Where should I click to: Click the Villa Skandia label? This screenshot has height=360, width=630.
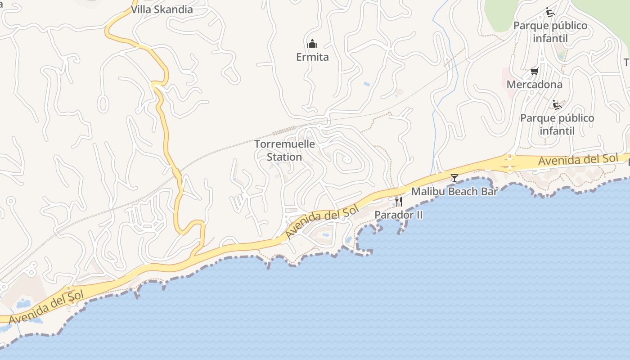[162, 9]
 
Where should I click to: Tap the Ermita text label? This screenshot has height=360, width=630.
[312, 57]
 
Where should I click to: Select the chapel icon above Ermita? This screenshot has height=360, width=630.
[312, 44]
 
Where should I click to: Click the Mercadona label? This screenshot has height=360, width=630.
[534, 85]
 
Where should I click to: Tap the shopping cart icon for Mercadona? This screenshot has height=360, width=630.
[534, 71]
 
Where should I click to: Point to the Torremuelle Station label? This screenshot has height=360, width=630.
[284, 150]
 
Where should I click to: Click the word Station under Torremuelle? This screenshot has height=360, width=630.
[284, 157]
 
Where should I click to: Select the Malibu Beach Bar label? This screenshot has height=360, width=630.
[454, 192]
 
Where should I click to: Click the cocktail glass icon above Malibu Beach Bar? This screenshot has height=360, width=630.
[454, 178]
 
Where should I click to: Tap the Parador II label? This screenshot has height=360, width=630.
[399, 215]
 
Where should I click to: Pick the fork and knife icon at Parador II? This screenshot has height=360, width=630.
[398, 201]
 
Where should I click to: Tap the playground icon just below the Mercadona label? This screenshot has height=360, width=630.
[557, 105]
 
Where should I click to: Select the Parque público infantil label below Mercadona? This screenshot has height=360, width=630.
[557, 124]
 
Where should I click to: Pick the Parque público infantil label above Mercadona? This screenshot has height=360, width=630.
[550, 31]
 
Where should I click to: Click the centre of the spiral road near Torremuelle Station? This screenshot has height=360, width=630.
[346, 159]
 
